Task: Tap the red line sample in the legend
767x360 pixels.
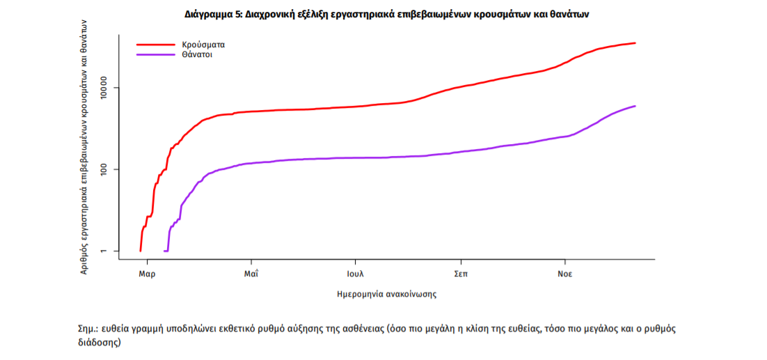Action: [x=155, y=45]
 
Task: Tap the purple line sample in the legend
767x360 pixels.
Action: [x=155, y=54]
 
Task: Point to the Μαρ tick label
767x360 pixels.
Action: [x=146, y=274]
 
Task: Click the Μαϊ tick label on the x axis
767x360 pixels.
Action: [x=251, y=274]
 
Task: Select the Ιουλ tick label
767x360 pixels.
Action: [x=356, y=274]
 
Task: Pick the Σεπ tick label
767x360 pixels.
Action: [x=460, y=274]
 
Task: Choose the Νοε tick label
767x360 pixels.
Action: [x=564, y=274]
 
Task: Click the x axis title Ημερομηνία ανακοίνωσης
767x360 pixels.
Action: [x=387, y=295]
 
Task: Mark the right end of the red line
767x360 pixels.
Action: [x=635, y=43]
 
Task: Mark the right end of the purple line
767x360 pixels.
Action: [x=635, y=106]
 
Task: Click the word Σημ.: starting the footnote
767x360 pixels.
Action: [x=88, y=329]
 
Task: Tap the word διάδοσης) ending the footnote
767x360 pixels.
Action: [x=100, y=343]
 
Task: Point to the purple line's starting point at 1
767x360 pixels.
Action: [x=164, y=251]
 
